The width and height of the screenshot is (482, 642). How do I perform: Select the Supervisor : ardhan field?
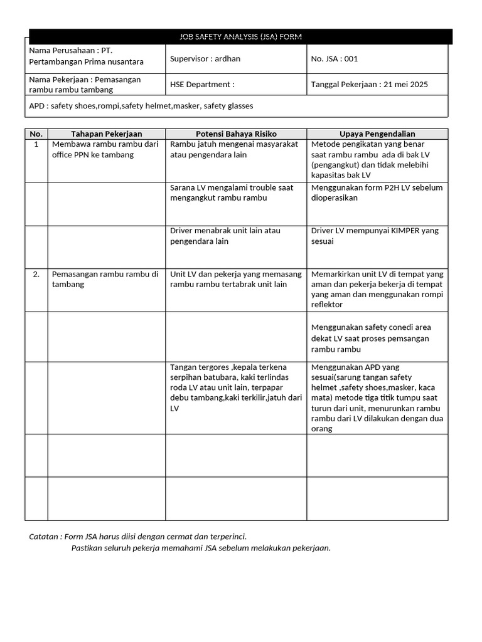(205, 59)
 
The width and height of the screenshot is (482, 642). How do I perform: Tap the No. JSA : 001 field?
(334, 59)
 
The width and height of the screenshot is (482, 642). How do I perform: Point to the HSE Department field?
(201, 85)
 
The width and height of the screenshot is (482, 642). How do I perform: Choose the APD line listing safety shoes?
(141, 106)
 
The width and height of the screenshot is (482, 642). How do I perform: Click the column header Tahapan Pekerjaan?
(106, 134)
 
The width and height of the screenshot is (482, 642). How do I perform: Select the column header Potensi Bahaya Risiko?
(236, 134)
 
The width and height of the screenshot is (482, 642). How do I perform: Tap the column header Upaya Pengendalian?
(377, 134)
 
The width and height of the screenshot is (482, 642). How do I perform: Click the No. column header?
(36, 134)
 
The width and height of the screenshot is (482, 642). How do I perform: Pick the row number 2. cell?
(36, 274)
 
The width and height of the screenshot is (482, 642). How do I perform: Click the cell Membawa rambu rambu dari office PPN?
(105, 150)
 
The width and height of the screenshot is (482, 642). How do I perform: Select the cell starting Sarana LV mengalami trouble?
(232, 192)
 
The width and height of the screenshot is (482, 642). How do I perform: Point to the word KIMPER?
(411, 231)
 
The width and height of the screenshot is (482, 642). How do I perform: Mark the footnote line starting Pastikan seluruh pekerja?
(200, 548)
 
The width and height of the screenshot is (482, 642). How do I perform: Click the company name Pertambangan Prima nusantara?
(87, 61)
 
